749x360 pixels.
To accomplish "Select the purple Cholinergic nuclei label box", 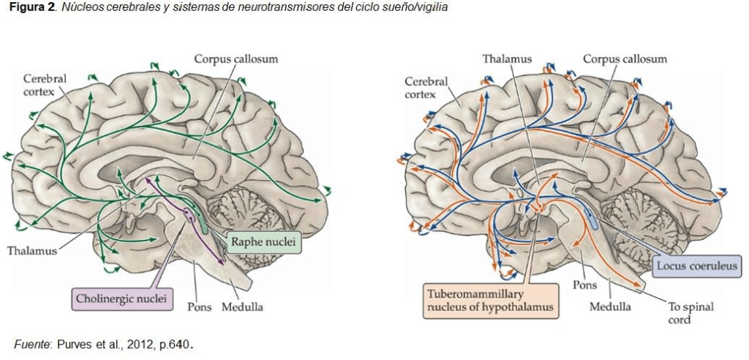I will [x=122, y=298].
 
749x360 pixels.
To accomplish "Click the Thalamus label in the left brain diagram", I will [x=31, y=251].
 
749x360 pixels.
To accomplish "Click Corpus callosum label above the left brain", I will [x=236, y=59].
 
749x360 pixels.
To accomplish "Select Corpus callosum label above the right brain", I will [x=625, y=59].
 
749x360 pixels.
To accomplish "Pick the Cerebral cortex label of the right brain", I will [x=426, y=88].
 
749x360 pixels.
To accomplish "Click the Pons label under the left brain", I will [x=199, y=307].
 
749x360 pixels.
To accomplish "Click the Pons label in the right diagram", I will [x=585, y=285].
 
